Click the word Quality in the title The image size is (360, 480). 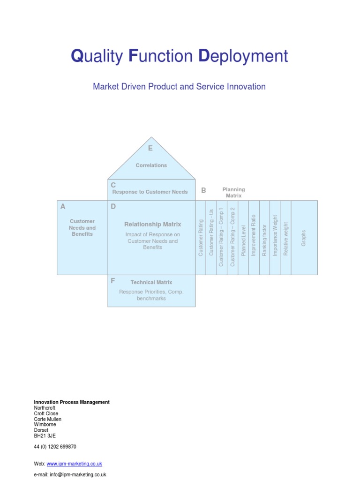pyautogui.click(x=97, y=56)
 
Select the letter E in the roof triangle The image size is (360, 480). pyautogui.click(x=150, y=149)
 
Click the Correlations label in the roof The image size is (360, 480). pyautogui.click(x=151, y=165)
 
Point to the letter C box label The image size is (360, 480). pyautogui.click(x=113, y=185)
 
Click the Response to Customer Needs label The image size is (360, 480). pyautogui.click(x=150, y=192)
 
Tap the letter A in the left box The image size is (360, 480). pyautogui.click(x=63, y=206)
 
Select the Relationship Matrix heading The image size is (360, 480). pyautogui.click(x=152, y=225)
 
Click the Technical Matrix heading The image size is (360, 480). pyautogui.click(x=151, y=282)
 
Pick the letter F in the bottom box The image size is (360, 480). pyautogui.click(x=113, y=281)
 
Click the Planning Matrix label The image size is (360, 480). pyautogui.click(x=233, y=192)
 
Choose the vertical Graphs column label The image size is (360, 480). pyautogui.click(x=304, y=238)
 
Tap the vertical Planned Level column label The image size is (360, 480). pyautogui.click(x=243, y=240)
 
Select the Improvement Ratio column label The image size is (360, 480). pyautogui.click(x=254, y=235)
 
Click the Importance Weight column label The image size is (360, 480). pyautogui.click(x=275, y=235)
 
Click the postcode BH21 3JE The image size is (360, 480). pyautogui.click(x=45, y=435)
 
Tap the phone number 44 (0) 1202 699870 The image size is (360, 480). pyautogui.click(x=55, y=447)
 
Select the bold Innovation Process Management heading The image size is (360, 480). pyautogui.click(x=72, y=402)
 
